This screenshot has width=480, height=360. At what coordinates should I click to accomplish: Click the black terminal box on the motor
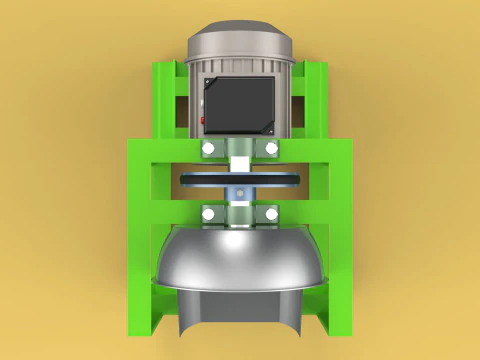[240, 103]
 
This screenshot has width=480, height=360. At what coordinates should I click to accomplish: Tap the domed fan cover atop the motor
[240, 40]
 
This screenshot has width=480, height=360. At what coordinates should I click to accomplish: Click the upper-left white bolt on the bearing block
[208, 149]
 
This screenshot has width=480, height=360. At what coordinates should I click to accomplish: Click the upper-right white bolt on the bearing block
[272, 149]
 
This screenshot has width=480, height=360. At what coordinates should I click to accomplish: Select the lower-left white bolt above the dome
[208, 215]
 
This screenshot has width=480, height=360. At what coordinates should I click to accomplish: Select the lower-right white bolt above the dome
[272, 215]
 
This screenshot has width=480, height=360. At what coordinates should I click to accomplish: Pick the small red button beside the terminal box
[201, 120]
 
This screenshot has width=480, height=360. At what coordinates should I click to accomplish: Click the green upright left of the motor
[164, 100]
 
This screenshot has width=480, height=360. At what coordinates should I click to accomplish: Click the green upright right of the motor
[314, 100]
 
